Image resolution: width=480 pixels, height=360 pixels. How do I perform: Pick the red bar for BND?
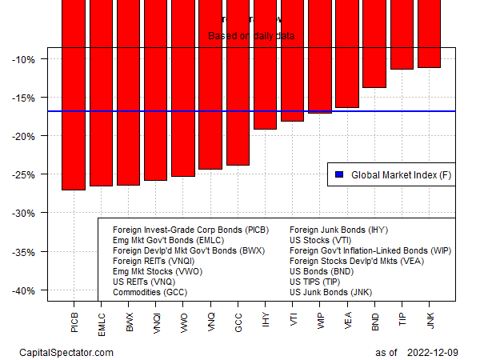pyautogui.click(x=374, y=44)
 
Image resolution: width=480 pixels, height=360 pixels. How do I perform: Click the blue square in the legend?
pyautogui.click(x=338, y=174)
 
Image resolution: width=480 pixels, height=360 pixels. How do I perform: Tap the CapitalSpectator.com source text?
pyautogui.click(x=66, y=352)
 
